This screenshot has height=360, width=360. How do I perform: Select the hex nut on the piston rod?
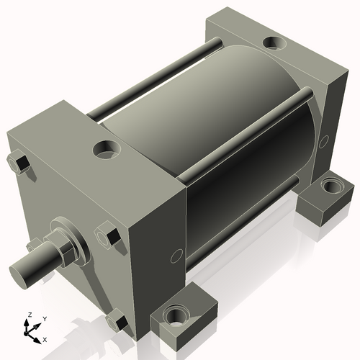[x=66, y=248]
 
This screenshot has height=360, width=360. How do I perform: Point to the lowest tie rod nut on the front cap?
[x=114, y=318]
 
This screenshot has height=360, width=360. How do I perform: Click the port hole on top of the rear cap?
[x=274, y=45]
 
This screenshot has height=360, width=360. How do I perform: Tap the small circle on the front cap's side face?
[x=176, y=256]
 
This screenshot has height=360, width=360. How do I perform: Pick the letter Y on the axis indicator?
[x=44, y=318]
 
